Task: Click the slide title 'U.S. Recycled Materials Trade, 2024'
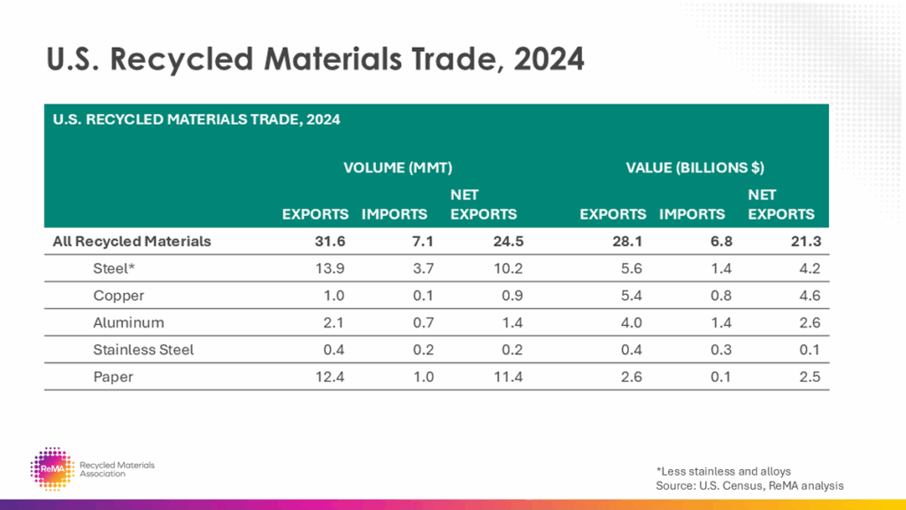315,59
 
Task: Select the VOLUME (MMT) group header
397,167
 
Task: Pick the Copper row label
119,296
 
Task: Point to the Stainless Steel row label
143,350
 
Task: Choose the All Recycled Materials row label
132,241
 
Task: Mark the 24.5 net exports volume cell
504,241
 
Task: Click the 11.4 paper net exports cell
505,377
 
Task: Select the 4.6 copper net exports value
808,296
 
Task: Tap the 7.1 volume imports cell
418,241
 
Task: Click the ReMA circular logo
50,468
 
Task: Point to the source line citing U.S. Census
749,485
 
